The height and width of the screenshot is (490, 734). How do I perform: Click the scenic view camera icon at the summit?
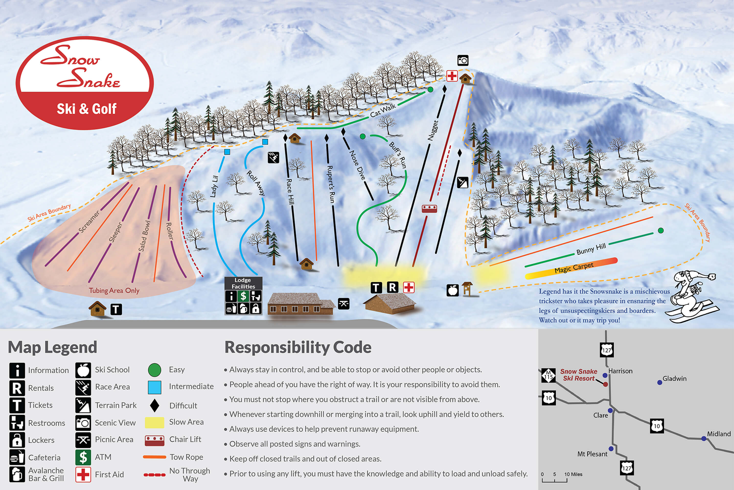click(x=463, y=60)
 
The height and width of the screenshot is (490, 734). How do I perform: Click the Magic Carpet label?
click(x=574, y=268)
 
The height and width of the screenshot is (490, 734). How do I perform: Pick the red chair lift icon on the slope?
click(x=429, y=208)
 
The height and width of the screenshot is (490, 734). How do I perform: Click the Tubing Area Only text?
click(x=114, y=290)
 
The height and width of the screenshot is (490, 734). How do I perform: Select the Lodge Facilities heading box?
click(x=243, y=283)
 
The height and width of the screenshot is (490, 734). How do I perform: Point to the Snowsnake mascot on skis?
click(x=693, y=297)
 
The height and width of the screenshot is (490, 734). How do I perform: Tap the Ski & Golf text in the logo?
click(x=86, y=109)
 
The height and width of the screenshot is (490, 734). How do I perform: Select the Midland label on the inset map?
click(x=719, y=434)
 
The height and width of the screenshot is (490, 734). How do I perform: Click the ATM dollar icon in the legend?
click(x=83, y=457)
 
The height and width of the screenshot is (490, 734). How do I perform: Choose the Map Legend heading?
click(x=52, y=347)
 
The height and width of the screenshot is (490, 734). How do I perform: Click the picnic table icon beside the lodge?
click(x=344, y=303)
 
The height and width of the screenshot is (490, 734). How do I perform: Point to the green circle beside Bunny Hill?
click(x=661, y=231)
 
